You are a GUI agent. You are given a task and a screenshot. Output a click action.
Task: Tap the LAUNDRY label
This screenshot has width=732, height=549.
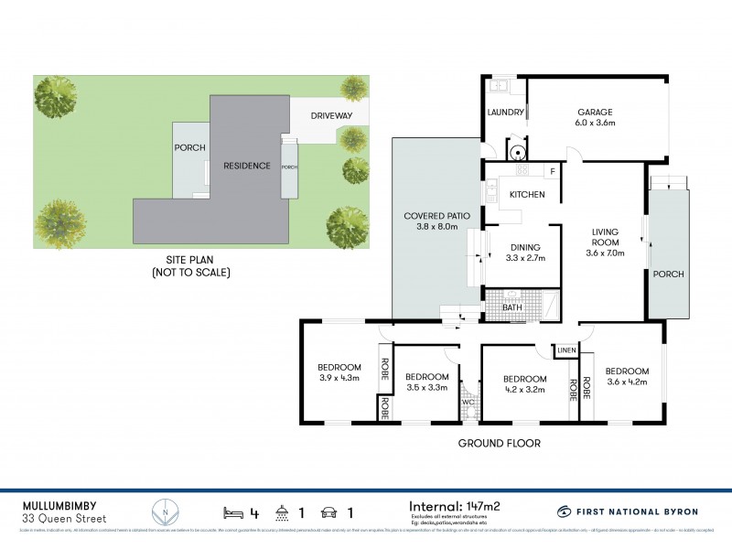click(x=506, y=113)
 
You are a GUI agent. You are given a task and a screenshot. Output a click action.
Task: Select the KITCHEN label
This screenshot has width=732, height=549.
click(x=527, y=194)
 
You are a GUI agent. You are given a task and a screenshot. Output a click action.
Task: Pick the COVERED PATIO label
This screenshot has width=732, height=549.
click(x=436, y=216)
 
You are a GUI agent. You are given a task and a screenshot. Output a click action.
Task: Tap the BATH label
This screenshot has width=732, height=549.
click(x=512, y=307)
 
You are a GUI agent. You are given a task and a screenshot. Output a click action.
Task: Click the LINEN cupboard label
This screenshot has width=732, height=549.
click(x=566, y=350)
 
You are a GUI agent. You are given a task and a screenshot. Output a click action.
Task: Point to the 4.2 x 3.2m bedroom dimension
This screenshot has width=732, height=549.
click(x=525, y=390)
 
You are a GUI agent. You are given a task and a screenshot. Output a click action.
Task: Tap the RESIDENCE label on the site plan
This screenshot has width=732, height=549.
click(x=247, y=166)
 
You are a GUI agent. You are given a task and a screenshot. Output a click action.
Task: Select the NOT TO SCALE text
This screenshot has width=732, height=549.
click(x=190, y=273)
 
